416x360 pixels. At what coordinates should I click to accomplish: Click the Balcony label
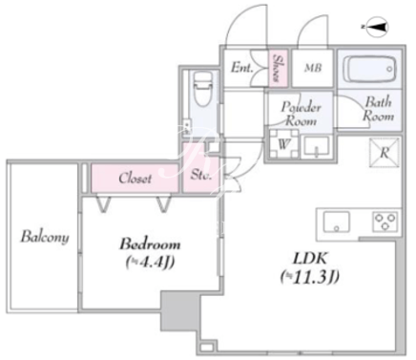coord(45,237)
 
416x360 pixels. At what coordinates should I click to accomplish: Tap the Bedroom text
coord(150,244)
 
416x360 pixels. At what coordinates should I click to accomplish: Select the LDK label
coord(310,259)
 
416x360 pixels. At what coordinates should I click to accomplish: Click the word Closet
coord(135,179)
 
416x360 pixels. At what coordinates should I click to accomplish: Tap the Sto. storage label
coord(201,175)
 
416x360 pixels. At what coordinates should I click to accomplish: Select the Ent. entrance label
coord(242,68)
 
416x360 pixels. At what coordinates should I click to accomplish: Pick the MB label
coord(313,68)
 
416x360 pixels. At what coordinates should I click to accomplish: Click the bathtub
coord(370,69)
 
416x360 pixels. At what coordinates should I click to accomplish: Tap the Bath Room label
coord(378,109)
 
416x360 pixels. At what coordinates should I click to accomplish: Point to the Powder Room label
coord(301,114)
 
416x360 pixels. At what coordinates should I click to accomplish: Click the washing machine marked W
coord(283,144)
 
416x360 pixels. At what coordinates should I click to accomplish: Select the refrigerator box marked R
coord(385,153)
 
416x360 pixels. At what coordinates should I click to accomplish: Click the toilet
coord(203,88)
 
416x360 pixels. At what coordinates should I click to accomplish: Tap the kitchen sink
coord(336,222)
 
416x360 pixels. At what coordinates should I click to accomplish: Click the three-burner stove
coord(385,222)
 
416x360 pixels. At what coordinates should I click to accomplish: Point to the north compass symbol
coord(378,27)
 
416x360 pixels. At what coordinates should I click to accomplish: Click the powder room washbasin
coord(316,147)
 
